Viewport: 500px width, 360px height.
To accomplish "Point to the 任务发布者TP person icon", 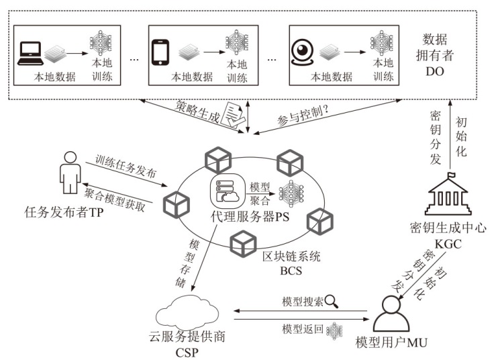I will pyautogui.click(x=68, y=173).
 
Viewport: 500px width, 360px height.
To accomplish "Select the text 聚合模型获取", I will pyautogui.click(x=114, y=193).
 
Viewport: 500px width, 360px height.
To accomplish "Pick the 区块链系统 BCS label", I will pyautogui.click(x=291, y=263).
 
